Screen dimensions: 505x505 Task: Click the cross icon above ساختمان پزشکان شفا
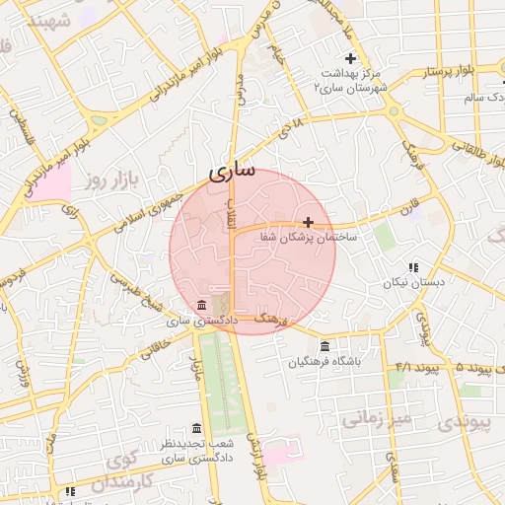310,222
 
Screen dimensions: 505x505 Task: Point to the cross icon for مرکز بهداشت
350,58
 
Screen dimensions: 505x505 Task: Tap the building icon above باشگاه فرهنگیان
325,346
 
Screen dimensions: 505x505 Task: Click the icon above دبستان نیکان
413,267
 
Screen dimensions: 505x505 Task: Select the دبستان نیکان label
414,282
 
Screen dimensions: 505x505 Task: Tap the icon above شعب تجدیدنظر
196,428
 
